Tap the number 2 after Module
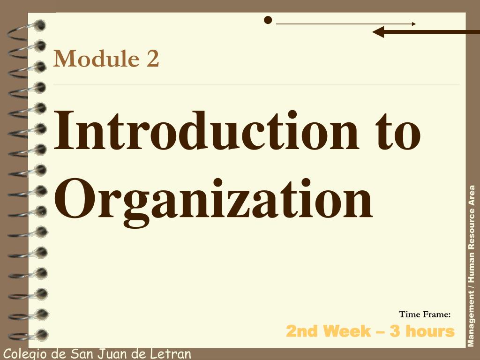[x=152, y=59]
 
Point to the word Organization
[x=213, y=199]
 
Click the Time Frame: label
[x=425, y=314]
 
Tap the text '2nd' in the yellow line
[x=302, y=331]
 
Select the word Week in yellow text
[x=348, y=331]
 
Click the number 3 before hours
[x=395, y=331]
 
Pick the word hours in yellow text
[x=430, y=331]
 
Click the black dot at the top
[x=268, y=20]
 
